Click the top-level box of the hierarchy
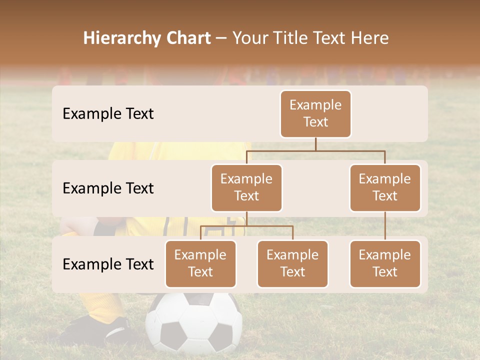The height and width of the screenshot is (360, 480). click(x=315, y=113)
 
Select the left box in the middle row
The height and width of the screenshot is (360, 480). click(x=246, y=187)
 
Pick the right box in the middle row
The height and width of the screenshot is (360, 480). click(x=385, y=187)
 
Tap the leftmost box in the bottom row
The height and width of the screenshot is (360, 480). click(x=200, y=263)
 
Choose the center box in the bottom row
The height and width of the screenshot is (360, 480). click(x=292, y=263)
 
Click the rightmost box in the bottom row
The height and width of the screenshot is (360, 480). click(x=385, y=263)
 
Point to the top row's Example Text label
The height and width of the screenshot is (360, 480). click(x=108, y=113)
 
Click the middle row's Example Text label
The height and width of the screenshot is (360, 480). click(x=108, y=188)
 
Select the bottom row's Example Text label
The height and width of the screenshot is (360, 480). click(x=108, y=264)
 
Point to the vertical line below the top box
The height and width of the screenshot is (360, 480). click(x=315, y=144)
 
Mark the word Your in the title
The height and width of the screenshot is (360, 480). click(x=250, y=38)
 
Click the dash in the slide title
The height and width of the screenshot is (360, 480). click(x=221, y=38)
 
